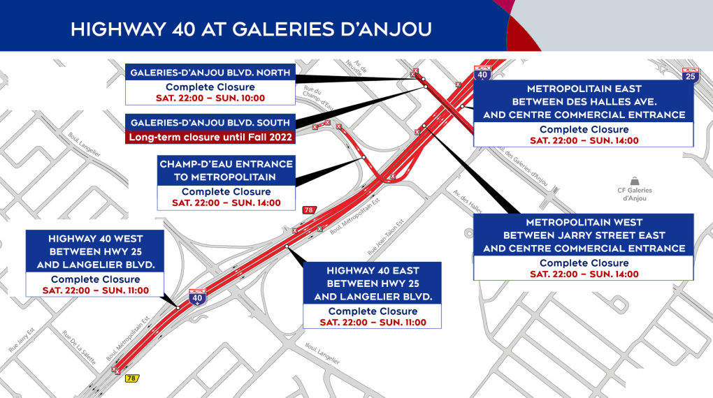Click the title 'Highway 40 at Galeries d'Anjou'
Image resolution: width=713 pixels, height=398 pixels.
(251, 29)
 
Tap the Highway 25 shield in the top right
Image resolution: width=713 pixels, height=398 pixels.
(691, 74)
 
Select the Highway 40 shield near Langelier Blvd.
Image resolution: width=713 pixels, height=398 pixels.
(197, 297)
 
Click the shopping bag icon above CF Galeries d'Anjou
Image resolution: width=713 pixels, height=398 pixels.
(633, 180)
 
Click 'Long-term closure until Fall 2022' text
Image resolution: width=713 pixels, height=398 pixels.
(210, 137)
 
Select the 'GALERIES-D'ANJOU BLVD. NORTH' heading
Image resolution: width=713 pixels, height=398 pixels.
(210, 71)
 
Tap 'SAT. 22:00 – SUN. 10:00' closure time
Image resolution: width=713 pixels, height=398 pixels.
(210, 97)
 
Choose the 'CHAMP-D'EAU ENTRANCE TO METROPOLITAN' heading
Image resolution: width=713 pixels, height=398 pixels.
(226, 170)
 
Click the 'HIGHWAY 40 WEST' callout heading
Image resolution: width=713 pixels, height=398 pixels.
(94, 252)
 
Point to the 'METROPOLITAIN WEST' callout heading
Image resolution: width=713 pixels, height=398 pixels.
(584, 235)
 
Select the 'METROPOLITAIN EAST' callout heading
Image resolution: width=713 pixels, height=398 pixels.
(584, 102)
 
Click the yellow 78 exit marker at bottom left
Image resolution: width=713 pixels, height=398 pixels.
(131, 378)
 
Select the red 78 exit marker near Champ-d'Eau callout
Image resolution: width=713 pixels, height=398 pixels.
(308, 210)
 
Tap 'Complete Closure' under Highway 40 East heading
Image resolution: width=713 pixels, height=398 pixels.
(372, 311)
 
